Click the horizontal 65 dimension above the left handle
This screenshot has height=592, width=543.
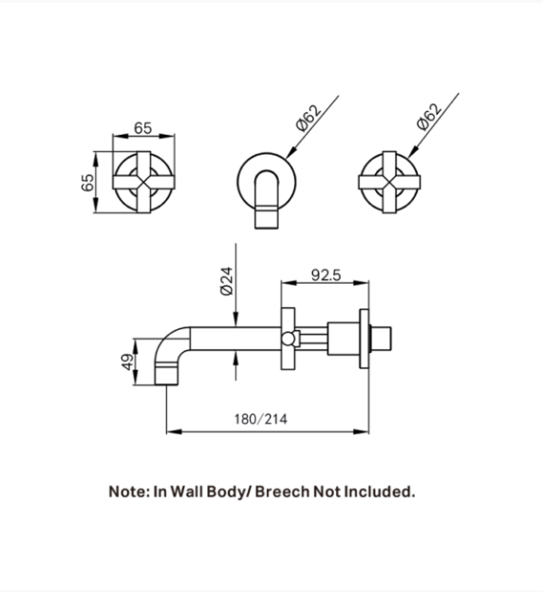142,128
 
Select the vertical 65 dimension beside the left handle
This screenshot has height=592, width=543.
87,182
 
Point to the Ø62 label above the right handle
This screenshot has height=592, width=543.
429,117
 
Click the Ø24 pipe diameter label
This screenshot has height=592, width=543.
227,281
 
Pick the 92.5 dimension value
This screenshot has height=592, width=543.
326,275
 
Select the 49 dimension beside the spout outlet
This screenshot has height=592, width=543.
128,361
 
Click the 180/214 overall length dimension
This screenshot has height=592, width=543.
261,419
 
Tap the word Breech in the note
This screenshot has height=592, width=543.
282,491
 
